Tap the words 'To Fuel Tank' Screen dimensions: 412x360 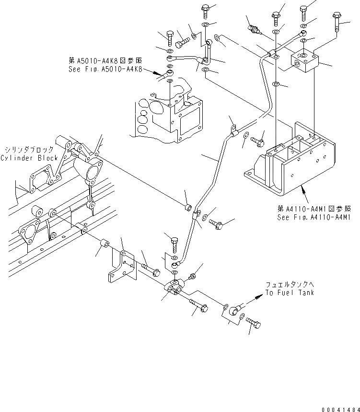(290, 293)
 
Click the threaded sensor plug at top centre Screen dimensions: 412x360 (254, 30)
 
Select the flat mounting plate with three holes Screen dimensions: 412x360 (120, 267)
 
